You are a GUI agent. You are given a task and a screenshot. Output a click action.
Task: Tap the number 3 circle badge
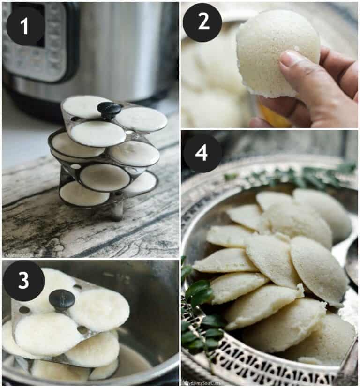coord(23,281)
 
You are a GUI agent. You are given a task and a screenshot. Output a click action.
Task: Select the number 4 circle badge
coord(202,153)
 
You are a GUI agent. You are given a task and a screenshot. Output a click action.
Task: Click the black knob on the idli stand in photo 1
coord(109,110)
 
